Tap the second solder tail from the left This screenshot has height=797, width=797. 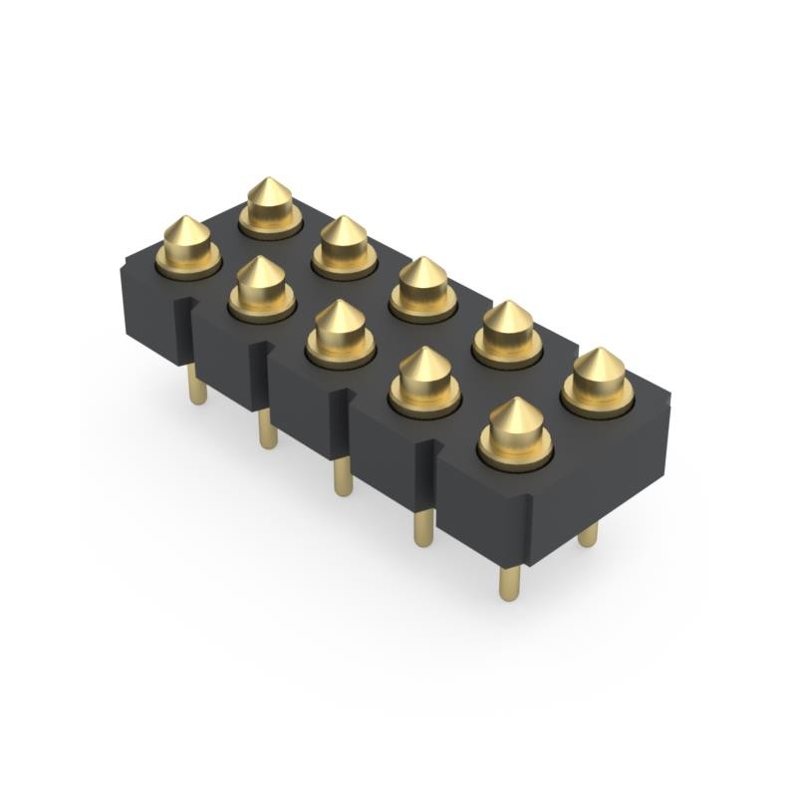click(267, 428)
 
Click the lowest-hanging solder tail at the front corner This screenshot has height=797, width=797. click(509, 583)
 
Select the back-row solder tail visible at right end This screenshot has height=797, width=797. click(588, 535)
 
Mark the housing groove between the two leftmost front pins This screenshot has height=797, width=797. click(183, 329)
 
